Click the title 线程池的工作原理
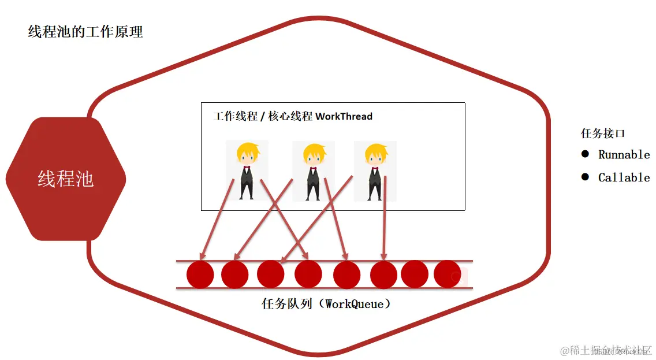tap(85, 32)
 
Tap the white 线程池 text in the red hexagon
tap(65, 179)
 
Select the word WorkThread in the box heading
tap(344, 116)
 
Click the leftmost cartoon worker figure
tap(247, 170)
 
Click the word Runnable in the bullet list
tap(624, 154)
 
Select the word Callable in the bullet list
tap(624, 177)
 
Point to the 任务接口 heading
tap(603, 133)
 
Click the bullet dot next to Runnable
tap(585, 154)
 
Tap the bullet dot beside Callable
tap(585, 177)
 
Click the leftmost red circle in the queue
tap(200, 274)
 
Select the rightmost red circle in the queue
tap(448, 274)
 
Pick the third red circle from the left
tap(271, 274)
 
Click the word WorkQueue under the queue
tap(354, 303)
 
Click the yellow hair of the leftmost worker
tap(247, 149)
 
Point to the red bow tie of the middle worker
tap(313, 169)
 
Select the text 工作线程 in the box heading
tap(235, 116)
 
